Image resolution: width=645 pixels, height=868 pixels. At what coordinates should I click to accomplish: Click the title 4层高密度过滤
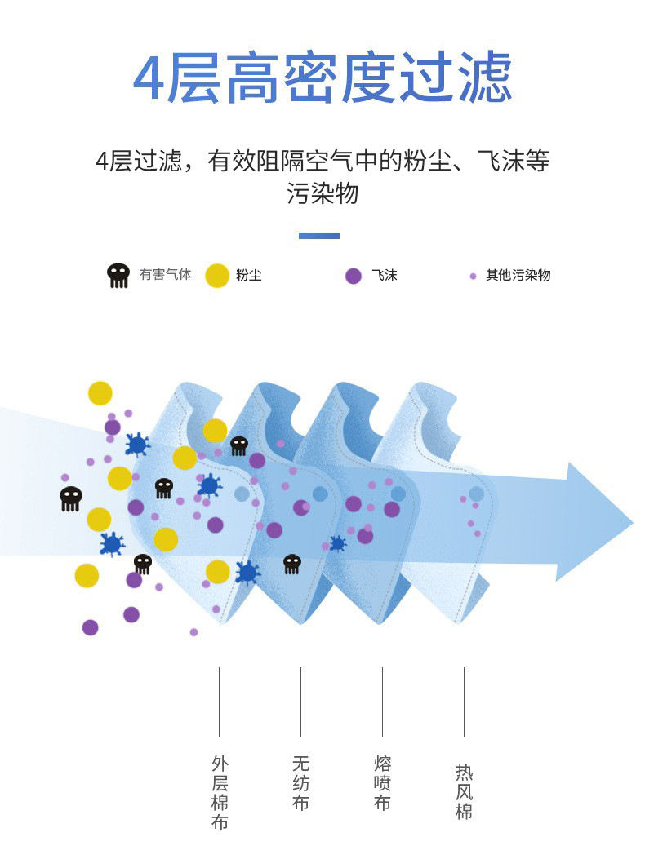322,79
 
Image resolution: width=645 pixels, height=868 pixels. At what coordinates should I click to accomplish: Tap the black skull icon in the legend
118,275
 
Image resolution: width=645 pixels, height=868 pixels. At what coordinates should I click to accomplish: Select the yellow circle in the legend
216,275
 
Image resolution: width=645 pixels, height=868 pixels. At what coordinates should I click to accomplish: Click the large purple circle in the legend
354,276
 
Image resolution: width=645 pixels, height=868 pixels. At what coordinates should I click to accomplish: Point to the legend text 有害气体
165,275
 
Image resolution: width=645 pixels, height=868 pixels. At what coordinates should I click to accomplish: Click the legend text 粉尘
249,276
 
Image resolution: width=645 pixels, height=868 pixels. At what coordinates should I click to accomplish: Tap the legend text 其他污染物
518,276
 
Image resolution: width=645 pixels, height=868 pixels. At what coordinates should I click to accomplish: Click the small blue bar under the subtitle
319,236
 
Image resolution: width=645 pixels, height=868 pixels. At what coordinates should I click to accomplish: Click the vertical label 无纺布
300,783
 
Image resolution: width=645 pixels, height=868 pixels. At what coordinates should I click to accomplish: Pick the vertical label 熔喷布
382,783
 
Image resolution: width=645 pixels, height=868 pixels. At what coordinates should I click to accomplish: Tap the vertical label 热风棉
464,791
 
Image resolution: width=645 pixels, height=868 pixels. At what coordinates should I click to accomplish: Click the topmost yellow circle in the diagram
100,393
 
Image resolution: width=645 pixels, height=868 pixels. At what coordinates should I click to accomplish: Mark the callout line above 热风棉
464,702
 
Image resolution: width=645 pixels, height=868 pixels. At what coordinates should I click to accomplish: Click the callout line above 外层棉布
219,702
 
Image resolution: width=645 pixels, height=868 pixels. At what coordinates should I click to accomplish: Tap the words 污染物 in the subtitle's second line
322,193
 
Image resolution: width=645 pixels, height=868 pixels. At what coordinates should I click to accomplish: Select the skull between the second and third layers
291,564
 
